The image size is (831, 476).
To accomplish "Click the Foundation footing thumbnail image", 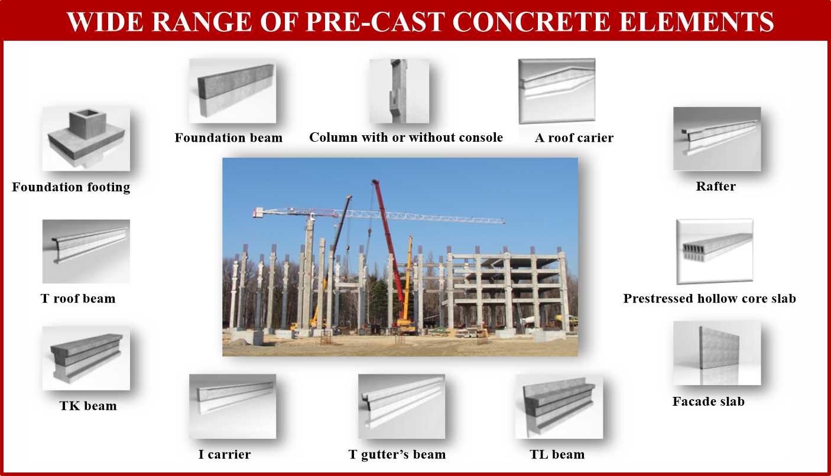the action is [x=86, y=139].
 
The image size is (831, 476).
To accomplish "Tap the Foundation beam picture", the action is [x=233, y=91].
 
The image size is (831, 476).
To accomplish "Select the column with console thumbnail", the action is [x=399, y=91].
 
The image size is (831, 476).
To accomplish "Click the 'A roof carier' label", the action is [x=574, y=138].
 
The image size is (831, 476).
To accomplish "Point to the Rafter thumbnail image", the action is [x=717, y=139].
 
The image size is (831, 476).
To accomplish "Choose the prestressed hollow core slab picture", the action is [x=715, y=252].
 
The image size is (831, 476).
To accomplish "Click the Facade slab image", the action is [x=717, y=353].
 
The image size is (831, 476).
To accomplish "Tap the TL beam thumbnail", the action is [x=559, y=407].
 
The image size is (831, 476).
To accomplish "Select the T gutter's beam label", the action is [x=397, y=455].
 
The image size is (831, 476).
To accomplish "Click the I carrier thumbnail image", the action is [x=233, y=406].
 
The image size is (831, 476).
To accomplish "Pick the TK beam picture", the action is [x=86, y=358].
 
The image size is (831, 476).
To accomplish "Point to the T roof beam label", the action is [x=78, y=299].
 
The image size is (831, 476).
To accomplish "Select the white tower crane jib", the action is [x=378, y=216].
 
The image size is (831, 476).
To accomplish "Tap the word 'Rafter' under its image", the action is [x=716, y=187].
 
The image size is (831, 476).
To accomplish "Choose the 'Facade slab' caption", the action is [x=708, y=402].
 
